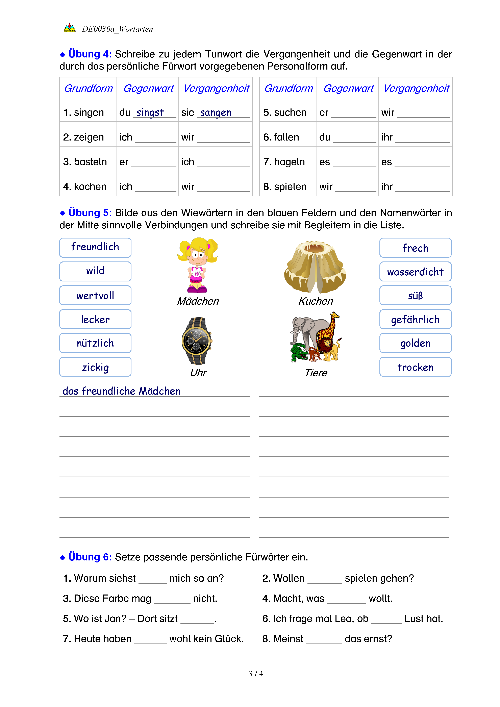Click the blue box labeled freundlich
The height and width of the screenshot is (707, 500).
tap(95, 247)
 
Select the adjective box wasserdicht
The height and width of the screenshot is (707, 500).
tap(415, 272)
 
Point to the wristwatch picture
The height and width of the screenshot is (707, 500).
tap(197, 341)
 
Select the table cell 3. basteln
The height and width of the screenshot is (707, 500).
tap(85, 162)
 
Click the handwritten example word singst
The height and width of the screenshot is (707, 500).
tap(150, 112)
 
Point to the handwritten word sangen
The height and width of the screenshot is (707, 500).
tap(216, 112)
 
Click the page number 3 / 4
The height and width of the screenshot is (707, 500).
tap(255, 674)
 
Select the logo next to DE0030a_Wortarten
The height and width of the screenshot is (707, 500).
tap(70, 28)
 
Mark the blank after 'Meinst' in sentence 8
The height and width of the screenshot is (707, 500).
tap(324, 639)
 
